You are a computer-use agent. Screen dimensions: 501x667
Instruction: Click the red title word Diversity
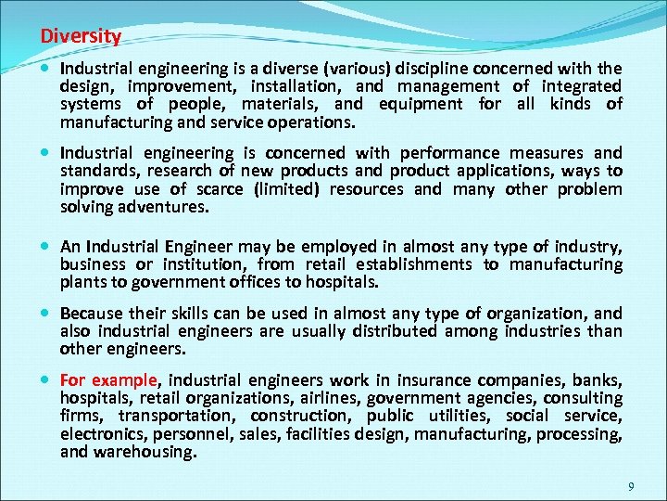click(81, 37)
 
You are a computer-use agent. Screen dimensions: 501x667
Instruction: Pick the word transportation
click(161, 416)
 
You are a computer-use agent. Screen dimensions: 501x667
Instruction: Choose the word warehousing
click(151, 452)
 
